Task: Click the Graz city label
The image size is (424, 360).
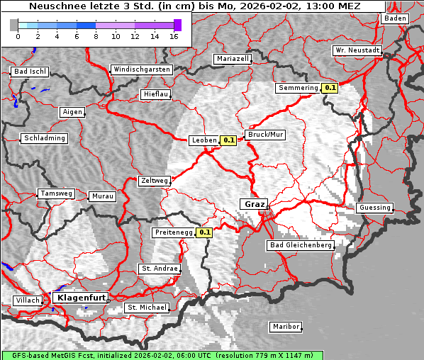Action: (254, 204)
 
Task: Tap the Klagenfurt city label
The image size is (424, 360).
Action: (81, 298)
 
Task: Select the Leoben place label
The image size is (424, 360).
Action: (204, 140)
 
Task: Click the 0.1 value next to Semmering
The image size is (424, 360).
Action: (330, 88)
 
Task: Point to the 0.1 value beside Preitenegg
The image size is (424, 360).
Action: (204, 232)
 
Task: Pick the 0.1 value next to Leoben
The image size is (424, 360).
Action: (229, 140)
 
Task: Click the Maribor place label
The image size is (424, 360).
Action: (286, 327)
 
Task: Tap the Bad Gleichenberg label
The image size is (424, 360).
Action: (300, 245)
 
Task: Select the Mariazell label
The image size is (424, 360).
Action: (233, 59)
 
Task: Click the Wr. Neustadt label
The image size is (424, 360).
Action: (357, 51)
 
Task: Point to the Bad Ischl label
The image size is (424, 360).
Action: (30, 72)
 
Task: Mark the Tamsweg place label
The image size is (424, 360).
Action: (55, 193)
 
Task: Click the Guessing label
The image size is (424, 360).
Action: (374, 208)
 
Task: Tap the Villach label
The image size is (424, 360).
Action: (28, 300)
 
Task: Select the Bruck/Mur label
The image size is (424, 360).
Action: (264, 134)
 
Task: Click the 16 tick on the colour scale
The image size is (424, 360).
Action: (174, 36)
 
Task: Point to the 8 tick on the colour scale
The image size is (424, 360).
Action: (96, 36)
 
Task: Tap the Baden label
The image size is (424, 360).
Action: (394, 18)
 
